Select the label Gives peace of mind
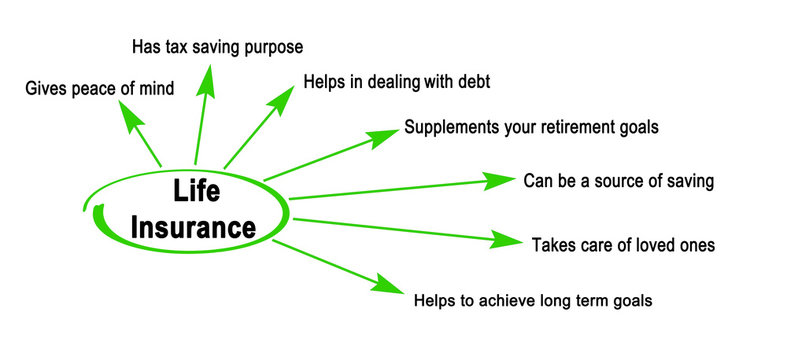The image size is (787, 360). coord(100,88)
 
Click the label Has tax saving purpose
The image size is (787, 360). coord(217,46)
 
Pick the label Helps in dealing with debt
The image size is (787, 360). coord(396,81)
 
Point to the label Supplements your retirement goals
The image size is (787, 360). coord(530,128)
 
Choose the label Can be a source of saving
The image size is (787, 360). coord(618,181)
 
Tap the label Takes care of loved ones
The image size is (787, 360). coord(623,244)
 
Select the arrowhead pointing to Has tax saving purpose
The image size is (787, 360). coord(207,79)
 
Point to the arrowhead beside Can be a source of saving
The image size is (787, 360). coord(498,181)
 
